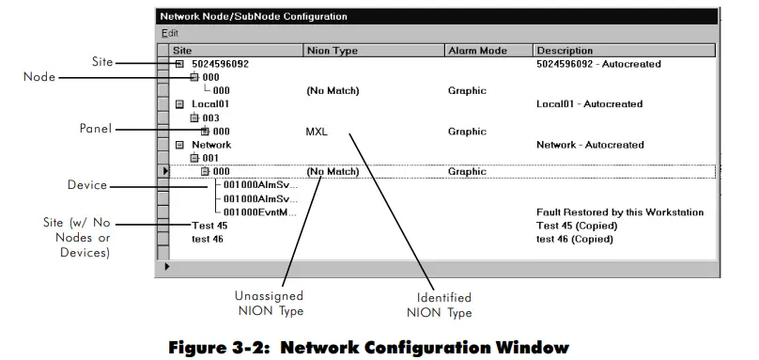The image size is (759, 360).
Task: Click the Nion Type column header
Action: coord(332,50)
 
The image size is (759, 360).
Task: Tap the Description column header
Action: coord(565,50)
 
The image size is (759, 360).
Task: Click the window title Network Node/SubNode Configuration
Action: coord(253,16)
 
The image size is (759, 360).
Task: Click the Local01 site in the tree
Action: coord(210,104)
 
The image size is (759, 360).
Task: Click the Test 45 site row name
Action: coord(209,226)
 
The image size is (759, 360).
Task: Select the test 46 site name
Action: coord(209,239)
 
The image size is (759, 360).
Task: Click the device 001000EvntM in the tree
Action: coord(261,212)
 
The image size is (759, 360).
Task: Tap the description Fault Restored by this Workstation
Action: coord(619,212)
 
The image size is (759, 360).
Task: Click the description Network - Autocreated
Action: coord(590,145)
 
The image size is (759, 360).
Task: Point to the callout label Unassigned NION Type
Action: coord(270,303)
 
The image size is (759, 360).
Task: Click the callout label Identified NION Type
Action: coord(440,305)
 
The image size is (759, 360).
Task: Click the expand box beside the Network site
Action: coord(179,146)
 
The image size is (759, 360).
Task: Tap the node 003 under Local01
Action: coord(209,117)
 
